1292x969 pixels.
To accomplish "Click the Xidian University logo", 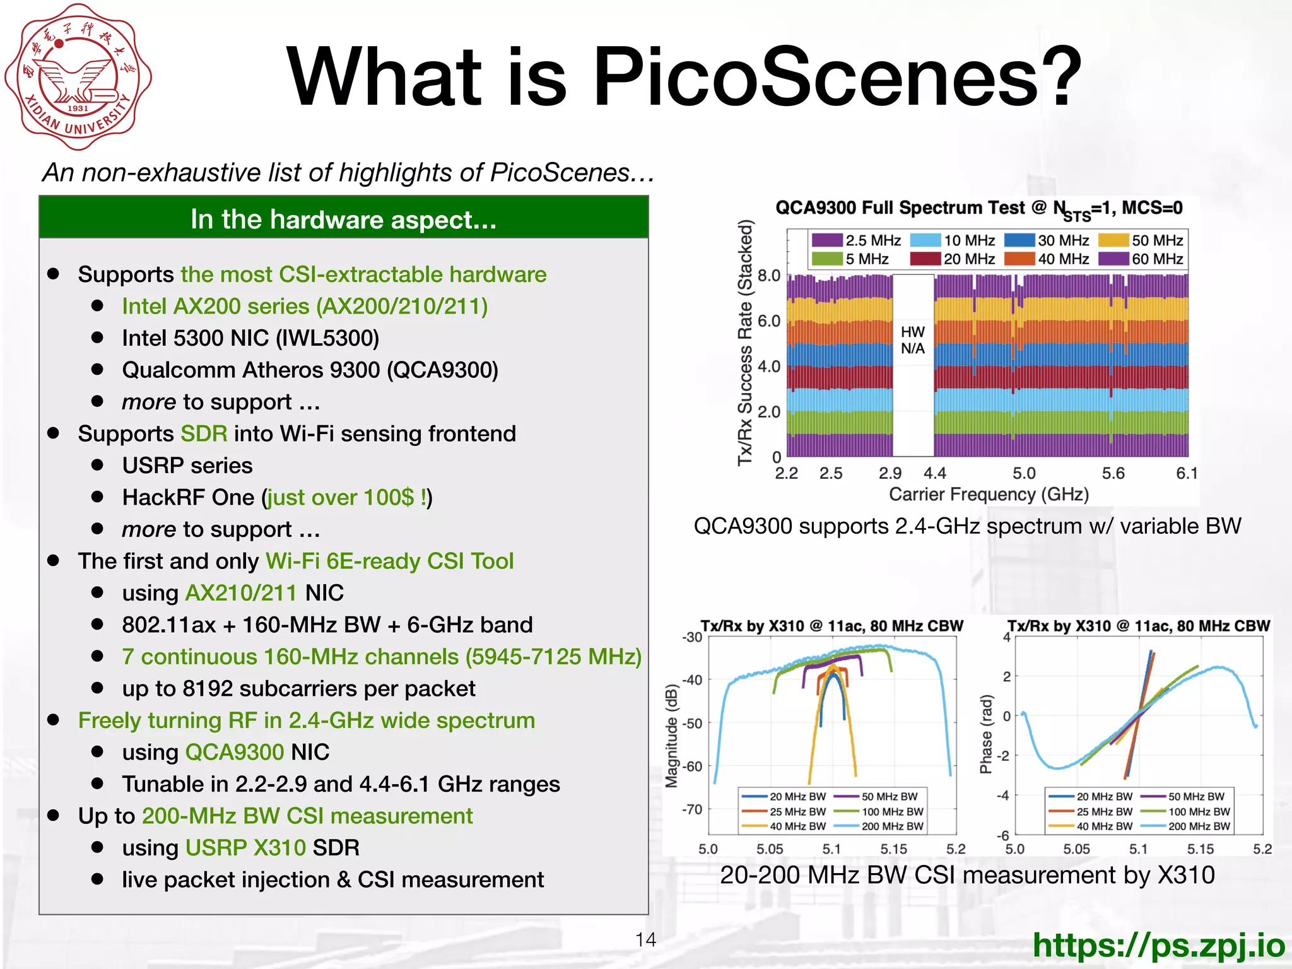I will click(78, 77).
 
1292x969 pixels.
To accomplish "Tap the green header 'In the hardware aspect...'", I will click(344, 219).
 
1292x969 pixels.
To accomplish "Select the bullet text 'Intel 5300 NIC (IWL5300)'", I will click(250, 338).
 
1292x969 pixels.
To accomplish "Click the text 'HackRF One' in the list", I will click(188, 497).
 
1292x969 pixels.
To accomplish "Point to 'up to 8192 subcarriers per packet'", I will click(298, 688).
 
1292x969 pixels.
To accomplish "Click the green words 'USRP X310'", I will click(245, 847).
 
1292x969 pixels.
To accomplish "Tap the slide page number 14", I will click(645, 939).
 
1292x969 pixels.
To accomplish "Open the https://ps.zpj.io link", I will click(1158, 944).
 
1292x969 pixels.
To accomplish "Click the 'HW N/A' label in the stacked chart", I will click(912, 340).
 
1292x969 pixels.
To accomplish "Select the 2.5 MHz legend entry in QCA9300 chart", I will click(857, 240).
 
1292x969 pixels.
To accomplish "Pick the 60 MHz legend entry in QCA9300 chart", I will click(1142, 259).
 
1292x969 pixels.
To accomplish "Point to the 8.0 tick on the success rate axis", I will click(769, 276).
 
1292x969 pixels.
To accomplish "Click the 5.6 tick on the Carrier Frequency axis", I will click(1113, 473).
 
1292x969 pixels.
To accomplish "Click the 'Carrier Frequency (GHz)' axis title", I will click(989, 494).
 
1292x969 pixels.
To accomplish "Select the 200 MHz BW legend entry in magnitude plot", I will click(879, 826).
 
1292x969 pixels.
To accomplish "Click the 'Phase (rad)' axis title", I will click(985, 734).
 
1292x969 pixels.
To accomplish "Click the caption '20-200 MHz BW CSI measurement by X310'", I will click(967, 875).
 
